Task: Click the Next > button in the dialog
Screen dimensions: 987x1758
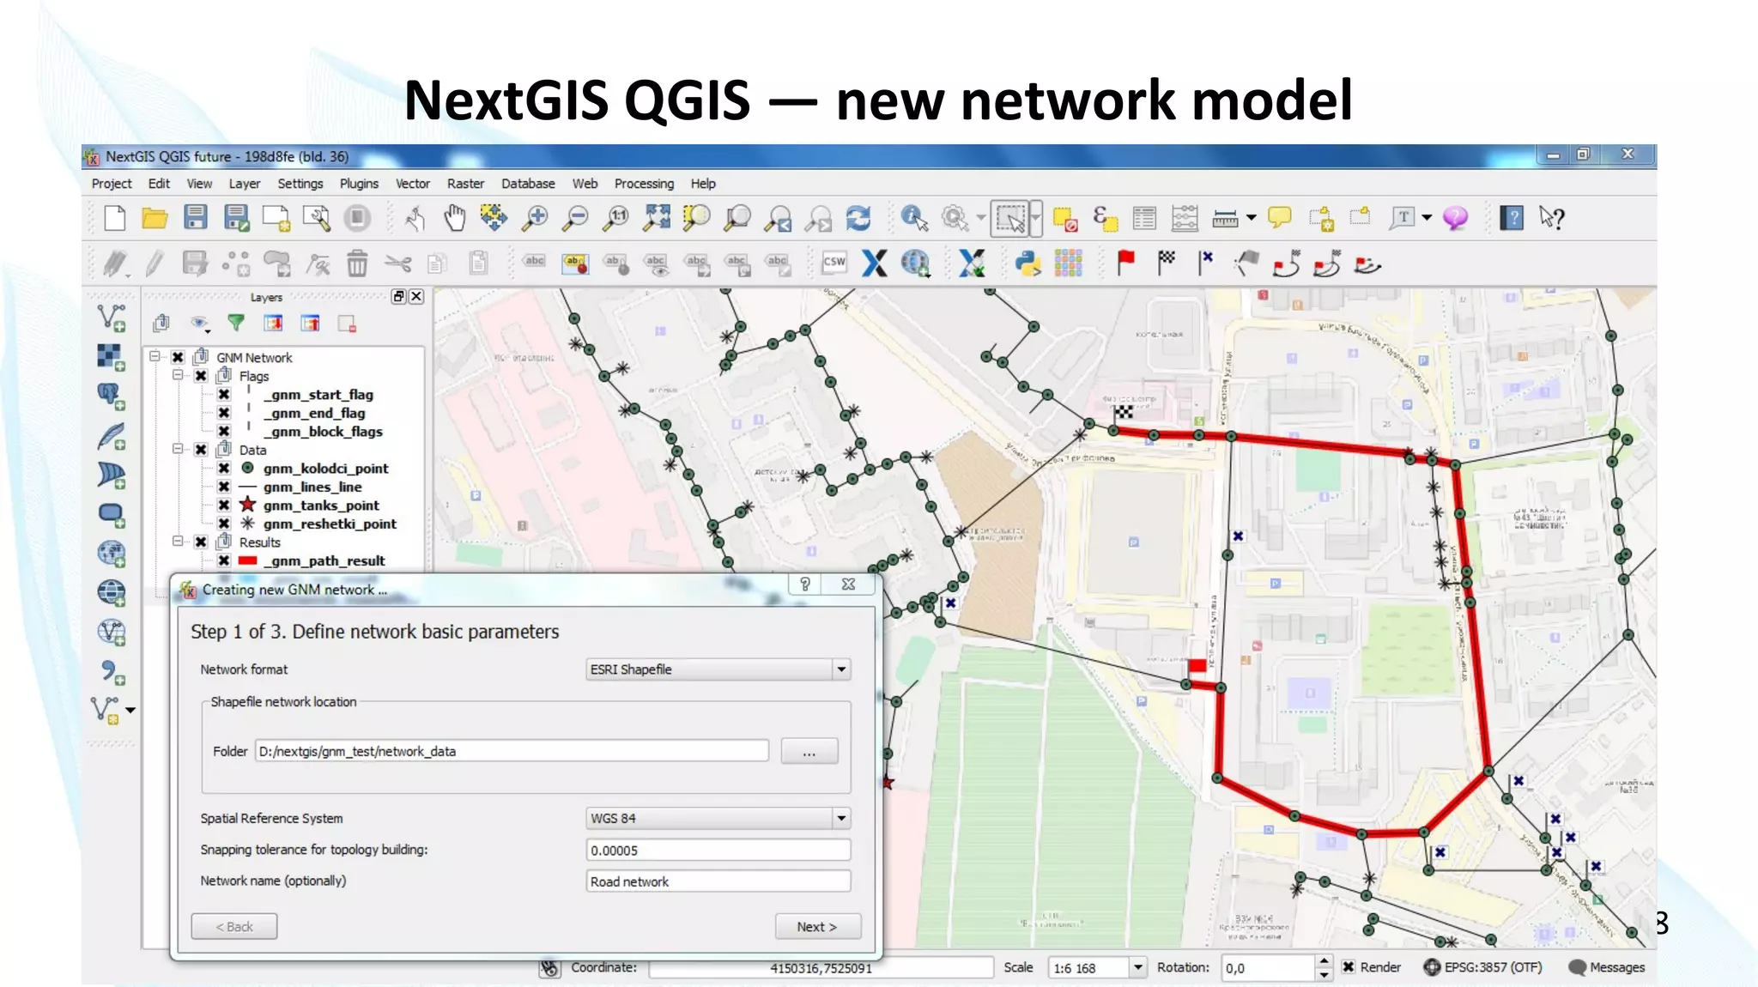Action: pyautogui.click(x=816, y=927)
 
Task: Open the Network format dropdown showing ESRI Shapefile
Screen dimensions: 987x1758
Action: pyautogui.click(x=718, y=669)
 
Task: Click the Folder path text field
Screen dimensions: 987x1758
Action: pyautogui.click(x=512, y=751)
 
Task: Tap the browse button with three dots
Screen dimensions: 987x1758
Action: pyautogui.click(x=809, y=752)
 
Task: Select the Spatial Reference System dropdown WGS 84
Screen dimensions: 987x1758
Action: pyautogui.click(x=718, y=819)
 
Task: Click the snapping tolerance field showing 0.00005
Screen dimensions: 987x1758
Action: pyautogui.click(x=718, y=851)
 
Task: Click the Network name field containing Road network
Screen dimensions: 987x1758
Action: pyautogui.click(x=718, y=881)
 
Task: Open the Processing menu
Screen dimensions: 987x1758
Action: pyautogui.click(x=644, y=184)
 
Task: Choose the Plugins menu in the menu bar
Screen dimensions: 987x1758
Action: pyautogui.click(x=359, y=184)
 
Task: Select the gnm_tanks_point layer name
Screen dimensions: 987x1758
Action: pyautogui.click(x=321, y=506)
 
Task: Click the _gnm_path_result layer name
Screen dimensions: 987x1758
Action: pyautogui.click(x=324, y=561)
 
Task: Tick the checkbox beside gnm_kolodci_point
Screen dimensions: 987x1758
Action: pyautogui.click(x=224, y=469)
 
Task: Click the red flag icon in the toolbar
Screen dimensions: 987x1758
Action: pyautogui.click(x=1125, y=263)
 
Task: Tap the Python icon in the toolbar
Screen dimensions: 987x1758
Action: pyautogui.click(x=1028, y=263)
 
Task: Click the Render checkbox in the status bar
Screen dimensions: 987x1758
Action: pyautogui.click(x=1349, y=967)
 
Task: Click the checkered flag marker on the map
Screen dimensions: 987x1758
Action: pyautogui.click(x=1124, y=413)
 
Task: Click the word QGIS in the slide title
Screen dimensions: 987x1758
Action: pyautogui.click(x=687, y=100)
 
